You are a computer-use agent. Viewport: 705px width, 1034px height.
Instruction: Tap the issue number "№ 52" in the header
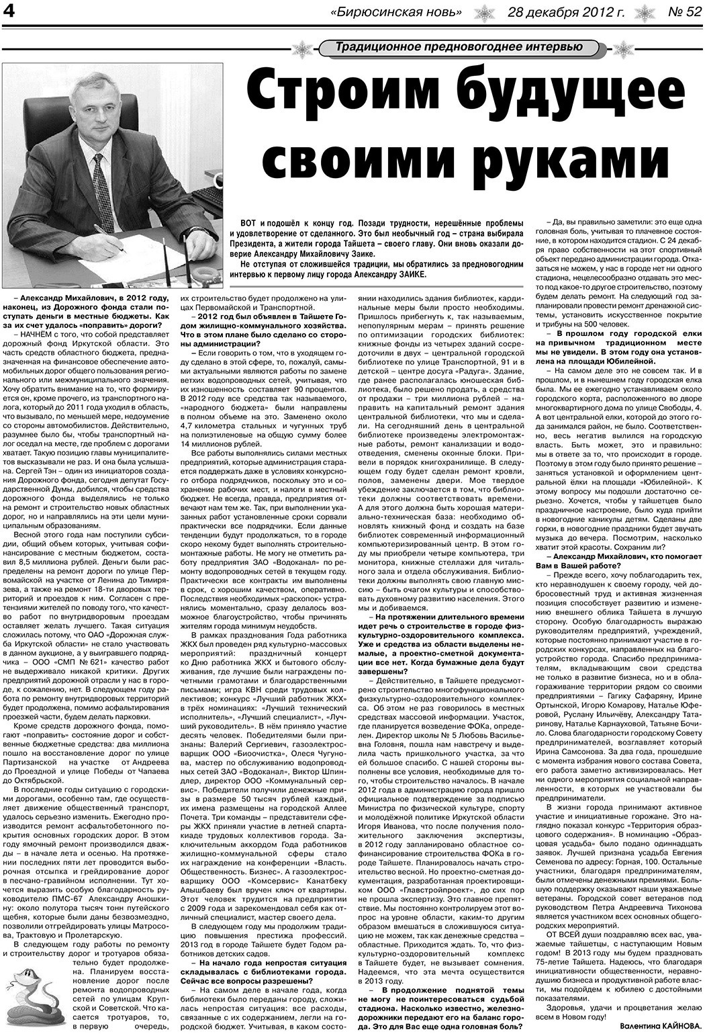683,12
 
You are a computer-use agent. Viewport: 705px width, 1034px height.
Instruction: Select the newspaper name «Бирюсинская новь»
397,12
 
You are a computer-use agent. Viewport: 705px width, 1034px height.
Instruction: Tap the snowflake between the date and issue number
644,12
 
